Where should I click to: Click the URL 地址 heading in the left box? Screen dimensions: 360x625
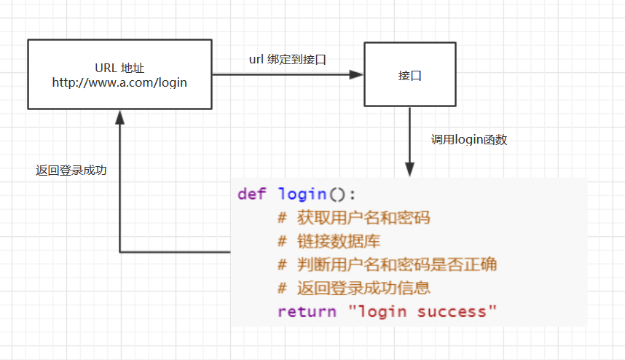tap(119, 68)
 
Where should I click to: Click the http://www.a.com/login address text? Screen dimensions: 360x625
tap(119, 82)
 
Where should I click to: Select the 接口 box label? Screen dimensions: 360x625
tap(409, 75)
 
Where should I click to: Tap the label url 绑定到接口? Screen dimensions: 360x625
tap(288, 59)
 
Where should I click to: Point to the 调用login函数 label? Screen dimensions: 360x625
tap(468, 140)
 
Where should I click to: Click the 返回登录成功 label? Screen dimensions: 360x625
tap(71, 171)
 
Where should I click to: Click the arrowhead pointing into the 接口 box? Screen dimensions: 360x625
tap(356, 74)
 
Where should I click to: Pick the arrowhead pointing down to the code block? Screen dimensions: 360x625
tap(409, 169)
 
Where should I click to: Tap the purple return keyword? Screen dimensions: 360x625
tap(306, 311)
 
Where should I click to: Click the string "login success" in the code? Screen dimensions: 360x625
tap(422, 311)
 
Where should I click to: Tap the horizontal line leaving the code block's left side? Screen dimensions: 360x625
tap(175, 252)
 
